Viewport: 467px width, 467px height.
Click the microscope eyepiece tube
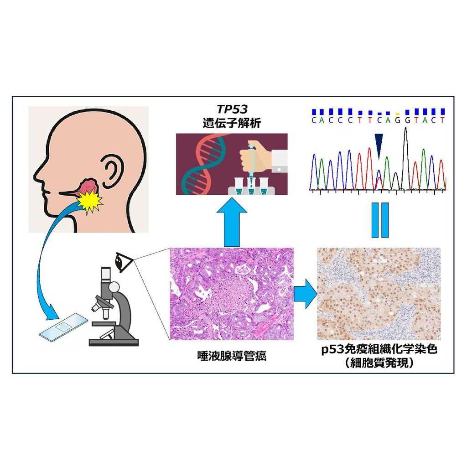(x=105, y=274)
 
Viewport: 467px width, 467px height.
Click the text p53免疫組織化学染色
(x=378, y=351)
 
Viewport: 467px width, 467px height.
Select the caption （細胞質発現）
(x=378, y=363)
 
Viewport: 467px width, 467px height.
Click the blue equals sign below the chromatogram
(x=379, y=220)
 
